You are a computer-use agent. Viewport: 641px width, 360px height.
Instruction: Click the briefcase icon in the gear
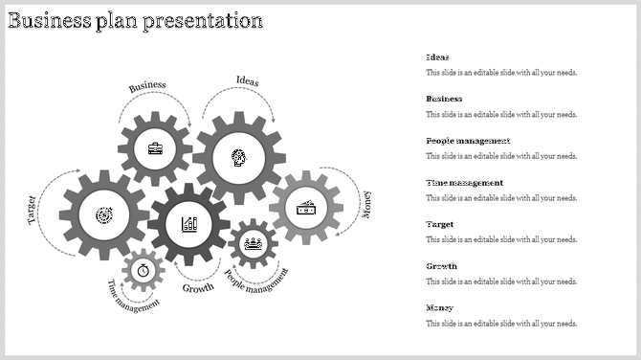[155, 148]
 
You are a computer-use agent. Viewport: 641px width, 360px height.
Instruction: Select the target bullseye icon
[103, 217]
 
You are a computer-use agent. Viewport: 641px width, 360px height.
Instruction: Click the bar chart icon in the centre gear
[189, 224]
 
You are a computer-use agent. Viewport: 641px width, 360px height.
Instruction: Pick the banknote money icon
[306, 207]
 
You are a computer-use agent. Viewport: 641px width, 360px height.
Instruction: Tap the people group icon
[254, 243]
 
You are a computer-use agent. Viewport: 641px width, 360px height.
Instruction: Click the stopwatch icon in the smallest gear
[144, 270]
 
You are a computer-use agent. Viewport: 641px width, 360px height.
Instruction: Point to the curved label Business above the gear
[147, 86]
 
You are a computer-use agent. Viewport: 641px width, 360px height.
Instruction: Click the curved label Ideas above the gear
[247, 80]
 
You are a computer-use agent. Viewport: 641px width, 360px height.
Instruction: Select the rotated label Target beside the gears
[33, 209]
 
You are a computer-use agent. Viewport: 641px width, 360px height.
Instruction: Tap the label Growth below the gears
[198, 288]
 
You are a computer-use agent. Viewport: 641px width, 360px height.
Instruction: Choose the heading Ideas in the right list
[437, 57]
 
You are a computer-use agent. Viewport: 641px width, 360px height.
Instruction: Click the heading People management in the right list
[468, 141]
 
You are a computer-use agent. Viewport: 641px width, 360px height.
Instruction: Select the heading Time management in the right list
[464, 183]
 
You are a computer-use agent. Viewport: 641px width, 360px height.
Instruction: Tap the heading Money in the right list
[439, 308]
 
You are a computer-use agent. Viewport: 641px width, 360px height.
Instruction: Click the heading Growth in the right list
[441, 266]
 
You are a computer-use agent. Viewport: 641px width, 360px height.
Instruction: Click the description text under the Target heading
[501, 239]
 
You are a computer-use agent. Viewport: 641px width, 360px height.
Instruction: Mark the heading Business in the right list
[444, 99]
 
